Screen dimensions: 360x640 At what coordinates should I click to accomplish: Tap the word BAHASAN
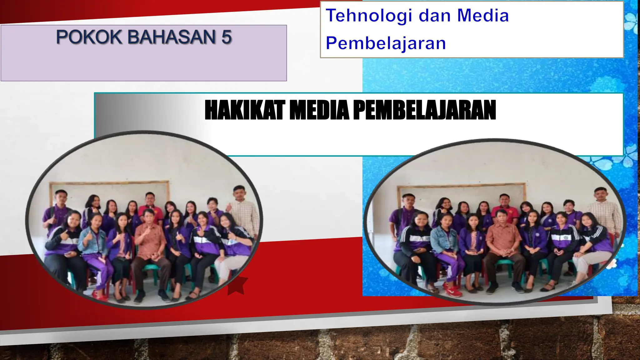point(172,37)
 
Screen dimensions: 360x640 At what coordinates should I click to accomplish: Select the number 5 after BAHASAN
point(227,37)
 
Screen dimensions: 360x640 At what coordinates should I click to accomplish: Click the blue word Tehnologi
point(369,16)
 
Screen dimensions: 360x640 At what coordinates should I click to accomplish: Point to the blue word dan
point(434,16)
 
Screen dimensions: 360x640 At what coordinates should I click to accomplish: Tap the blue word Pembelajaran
point(386,43)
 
